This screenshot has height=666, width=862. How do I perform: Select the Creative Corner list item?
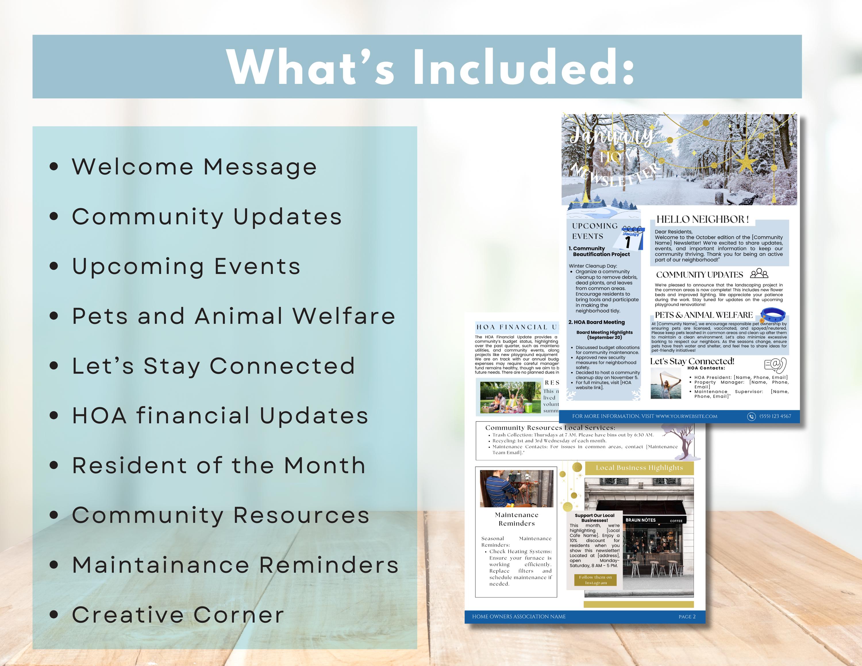click(x=178, y=615)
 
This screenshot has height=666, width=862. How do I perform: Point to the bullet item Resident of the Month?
click(x=218, y=465)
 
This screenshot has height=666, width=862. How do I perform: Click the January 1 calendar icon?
click(x=633, y=238)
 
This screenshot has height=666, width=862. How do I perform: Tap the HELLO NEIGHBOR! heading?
click(x=703, y=220)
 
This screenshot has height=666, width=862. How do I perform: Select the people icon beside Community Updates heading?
click(x=759, y=274)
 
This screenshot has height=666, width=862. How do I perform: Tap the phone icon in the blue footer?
click(x=751, y=416)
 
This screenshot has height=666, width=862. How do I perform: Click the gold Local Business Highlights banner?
click(x=639, y=468)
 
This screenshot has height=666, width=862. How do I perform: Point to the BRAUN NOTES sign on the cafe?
click(x=640, y=520)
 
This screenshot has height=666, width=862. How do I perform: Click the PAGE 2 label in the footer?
click(x=687, y=617)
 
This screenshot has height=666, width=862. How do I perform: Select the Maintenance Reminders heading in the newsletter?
click(x=516, y=519)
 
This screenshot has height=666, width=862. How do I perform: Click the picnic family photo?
click(x=510, y=397)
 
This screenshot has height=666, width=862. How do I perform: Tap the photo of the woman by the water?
click(x=666, y=384)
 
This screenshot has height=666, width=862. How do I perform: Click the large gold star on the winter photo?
click(x=745, y=163)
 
